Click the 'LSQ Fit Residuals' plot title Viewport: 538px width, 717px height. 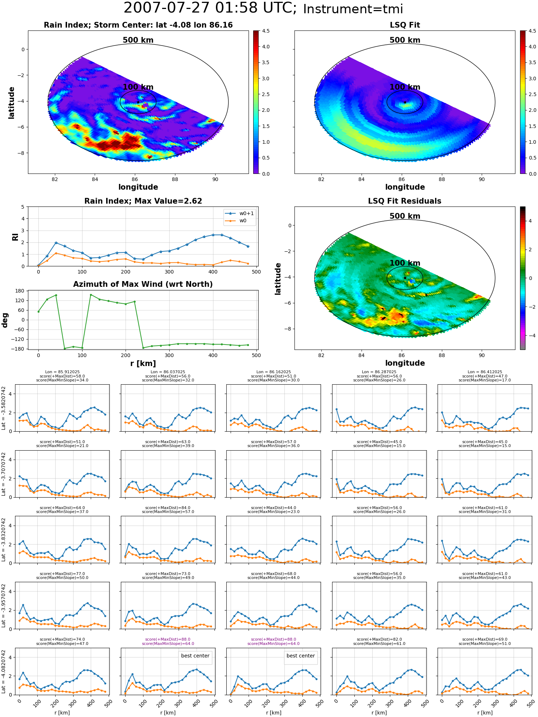coord(405,201)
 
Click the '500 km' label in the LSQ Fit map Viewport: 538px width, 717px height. coord(405,40)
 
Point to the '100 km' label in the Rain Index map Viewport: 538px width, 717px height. coord(138,87)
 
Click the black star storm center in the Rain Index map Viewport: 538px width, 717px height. coord(138,102)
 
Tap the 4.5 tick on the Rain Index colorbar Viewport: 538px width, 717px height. coord(266,31)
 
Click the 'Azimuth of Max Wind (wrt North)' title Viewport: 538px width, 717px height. coord(143,284)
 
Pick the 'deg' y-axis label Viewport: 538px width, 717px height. coord(5,320)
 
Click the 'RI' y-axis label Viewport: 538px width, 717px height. coord(15,237)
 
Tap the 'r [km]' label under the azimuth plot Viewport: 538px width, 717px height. coord(143,364)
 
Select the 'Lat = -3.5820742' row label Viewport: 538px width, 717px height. coord(4,408)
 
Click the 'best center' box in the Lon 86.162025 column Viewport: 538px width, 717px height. coord(301,656)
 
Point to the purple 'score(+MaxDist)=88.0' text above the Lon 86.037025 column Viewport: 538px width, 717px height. coord(168,640)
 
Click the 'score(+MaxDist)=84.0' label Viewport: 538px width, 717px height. coord(168,508)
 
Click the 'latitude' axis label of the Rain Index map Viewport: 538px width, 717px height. coord(11,103)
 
